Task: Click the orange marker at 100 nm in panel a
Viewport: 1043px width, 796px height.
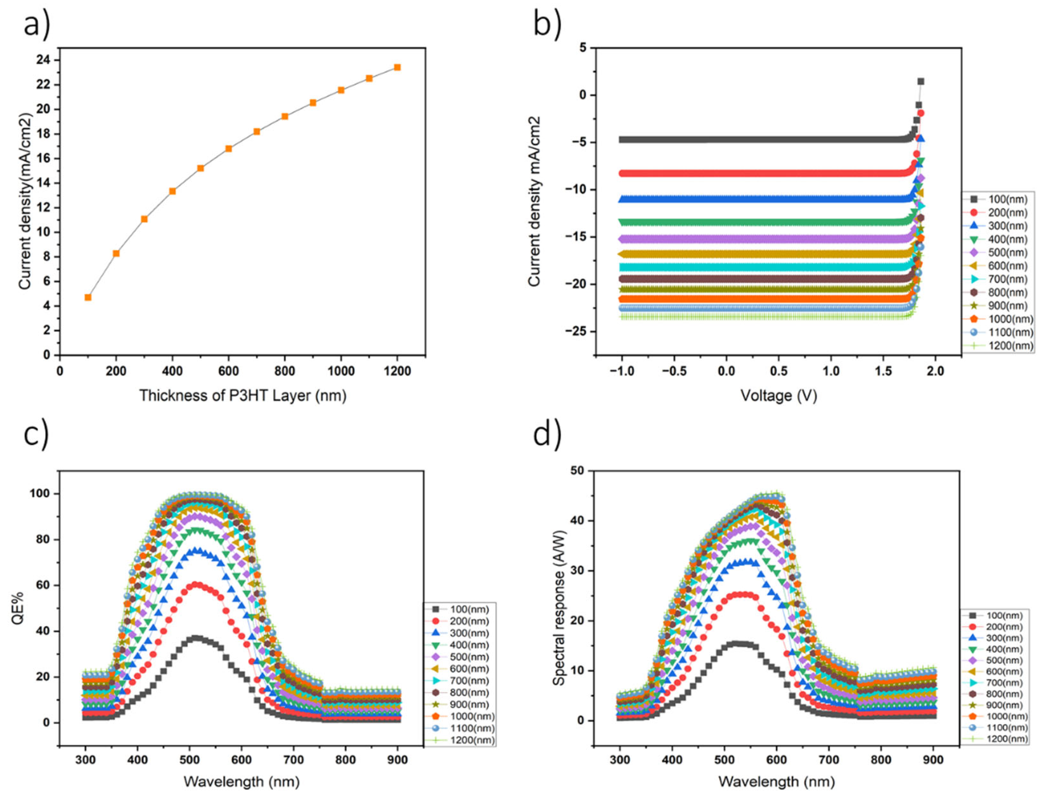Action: (88, 297)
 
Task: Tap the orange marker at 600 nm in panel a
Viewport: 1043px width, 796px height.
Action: (229, 148)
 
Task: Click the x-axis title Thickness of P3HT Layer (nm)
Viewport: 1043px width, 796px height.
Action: (242, 395)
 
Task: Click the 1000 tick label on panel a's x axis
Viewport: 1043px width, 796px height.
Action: (341, 371)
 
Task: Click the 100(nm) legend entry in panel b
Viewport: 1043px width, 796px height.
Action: (1000, 200)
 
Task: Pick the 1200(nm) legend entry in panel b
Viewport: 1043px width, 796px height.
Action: (1000, 345)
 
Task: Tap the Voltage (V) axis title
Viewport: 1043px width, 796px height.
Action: (778, 395)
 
